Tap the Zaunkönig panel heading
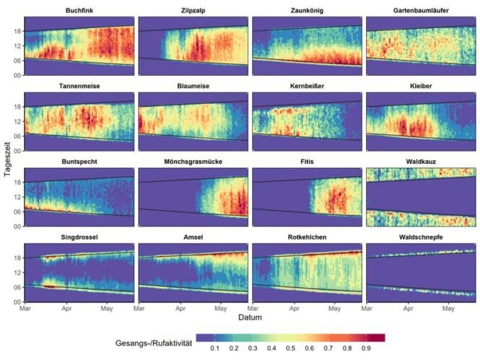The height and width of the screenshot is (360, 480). pos(307,12)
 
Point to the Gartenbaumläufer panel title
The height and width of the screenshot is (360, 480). pos(422,12)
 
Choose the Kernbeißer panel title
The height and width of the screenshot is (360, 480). pos(307,87)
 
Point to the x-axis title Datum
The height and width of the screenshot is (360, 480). pos(248,317)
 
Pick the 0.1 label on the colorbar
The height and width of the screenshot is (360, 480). pos(214,348)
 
